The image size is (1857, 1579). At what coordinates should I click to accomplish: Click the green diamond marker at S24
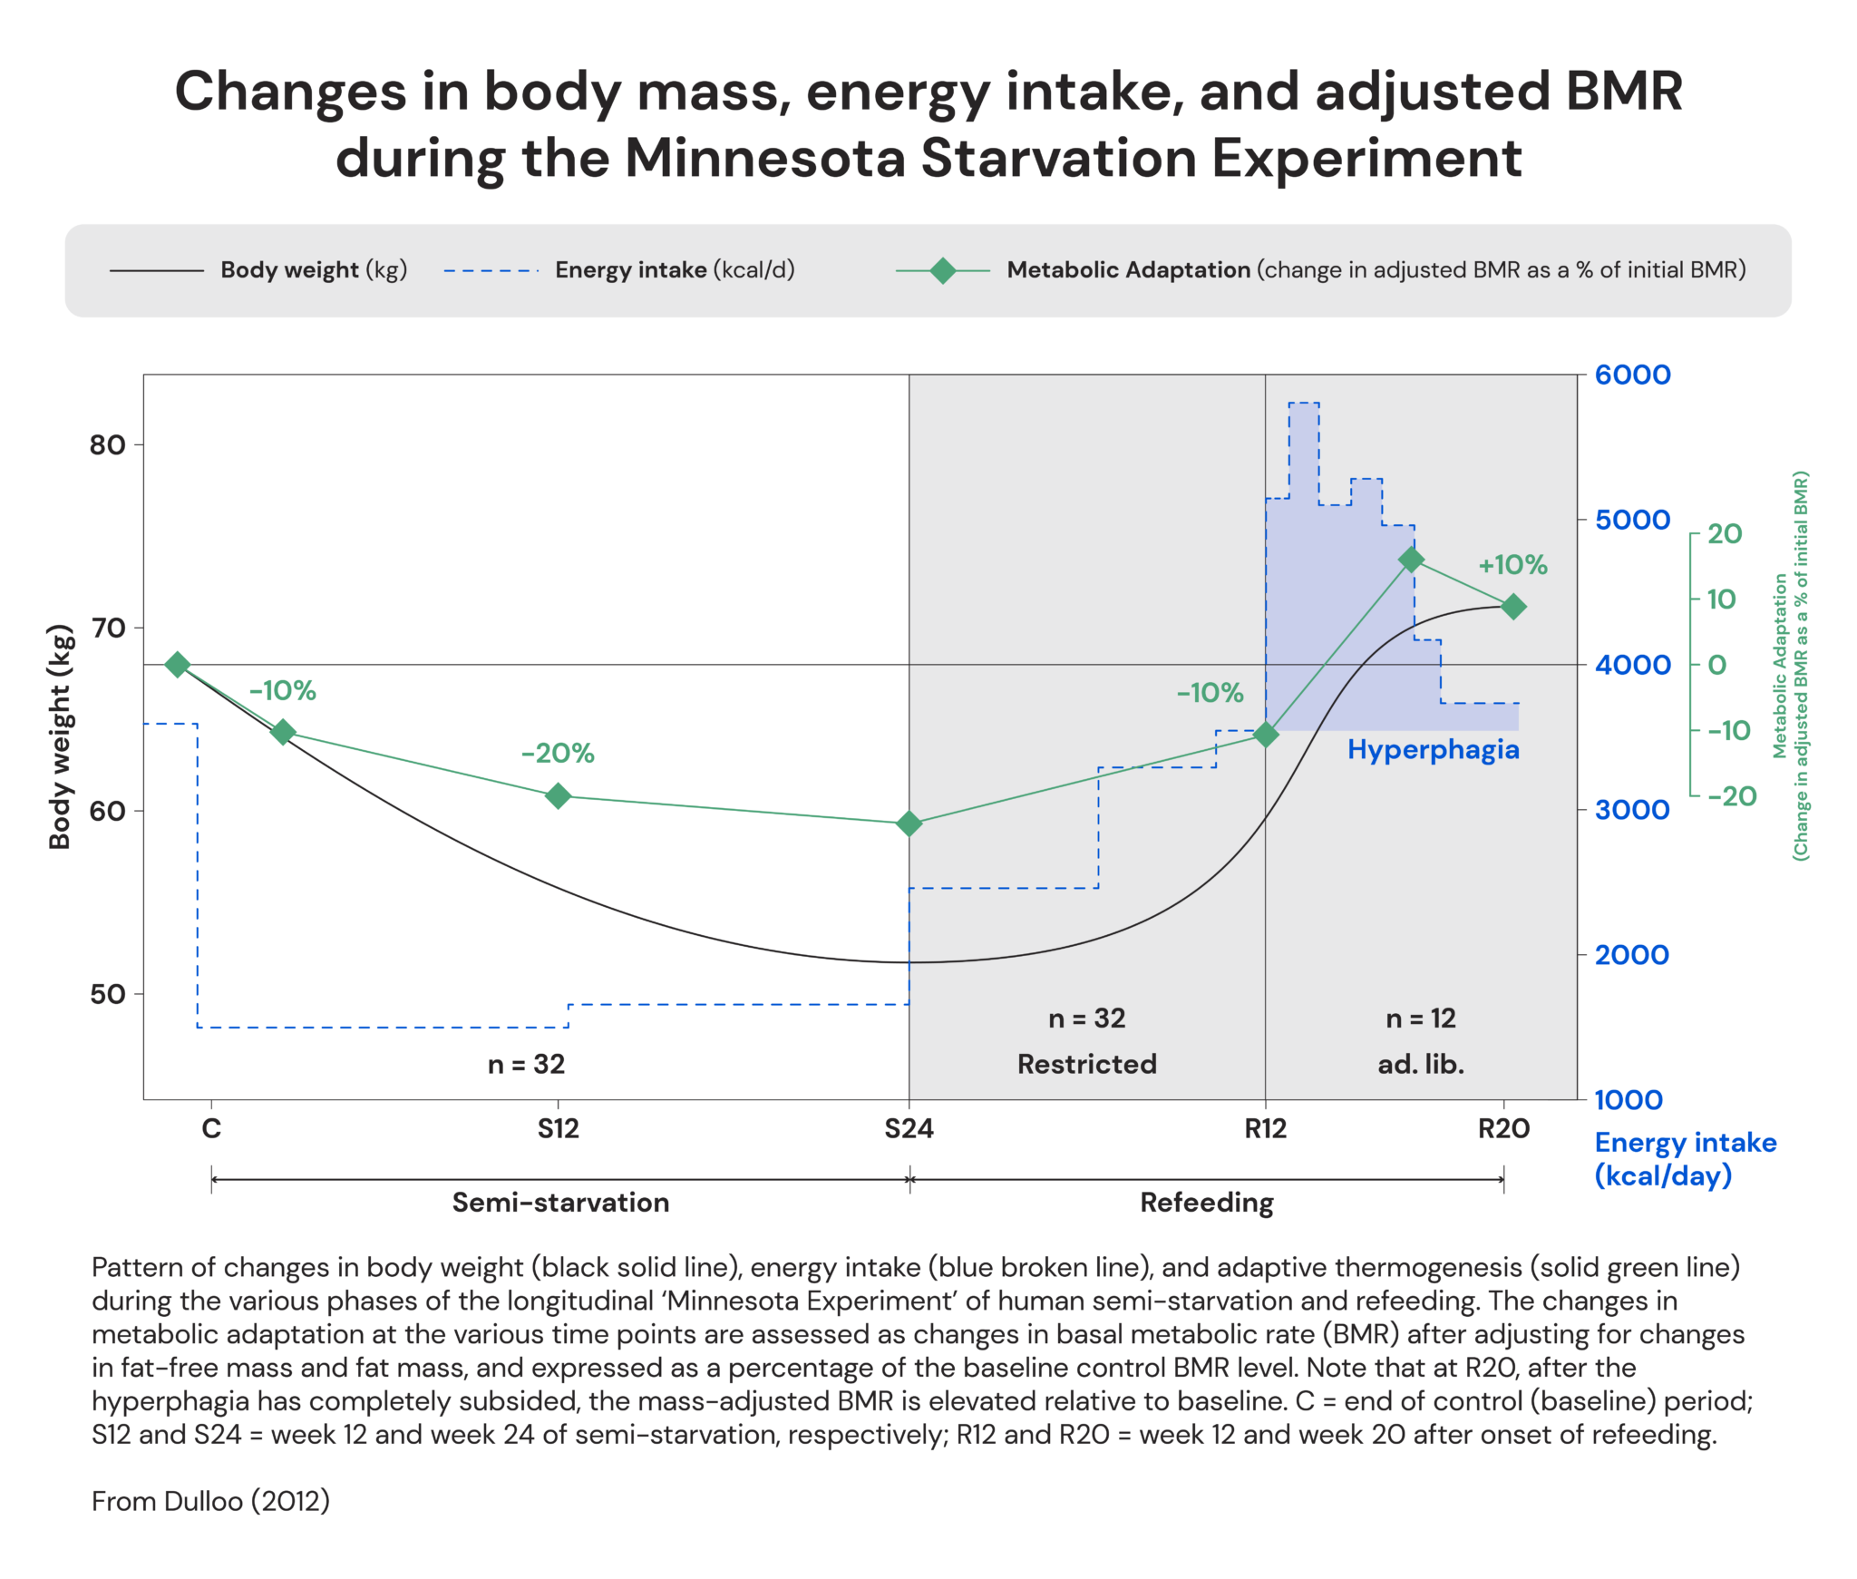(909, 824)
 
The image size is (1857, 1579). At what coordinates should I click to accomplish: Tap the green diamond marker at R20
(1512, 607)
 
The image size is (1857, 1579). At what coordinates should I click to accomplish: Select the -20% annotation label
(558, 753)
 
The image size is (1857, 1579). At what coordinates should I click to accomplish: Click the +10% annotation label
(1512, 565)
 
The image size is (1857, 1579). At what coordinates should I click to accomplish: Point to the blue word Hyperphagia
(1433, 749)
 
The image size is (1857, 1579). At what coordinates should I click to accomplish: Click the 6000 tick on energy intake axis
(1632, 375)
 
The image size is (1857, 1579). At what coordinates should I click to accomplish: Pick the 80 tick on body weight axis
(107, 444)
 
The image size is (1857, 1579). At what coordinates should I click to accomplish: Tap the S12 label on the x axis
(558, 1128)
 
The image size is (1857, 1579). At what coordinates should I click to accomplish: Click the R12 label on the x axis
(1265, 1128)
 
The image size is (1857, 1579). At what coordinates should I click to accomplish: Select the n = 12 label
(1421, 1019)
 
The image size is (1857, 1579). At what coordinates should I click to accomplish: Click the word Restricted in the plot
(1086, 1064)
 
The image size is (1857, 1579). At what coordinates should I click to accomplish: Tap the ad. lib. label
(1421, 1064)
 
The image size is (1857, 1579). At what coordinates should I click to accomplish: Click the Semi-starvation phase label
(560, 1203)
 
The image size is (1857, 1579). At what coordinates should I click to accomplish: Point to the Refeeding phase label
(1206, 1203)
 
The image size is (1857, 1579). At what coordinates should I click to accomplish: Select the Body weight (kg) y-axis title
(60, 736)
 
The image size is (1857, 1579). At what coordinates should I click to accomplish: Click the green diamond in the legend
(942, 270)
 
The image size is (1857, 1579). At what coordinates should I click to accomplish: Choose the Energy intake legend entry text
(675, 270)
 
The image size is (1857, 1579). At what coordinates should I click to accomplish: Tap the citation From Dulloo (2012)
(210, 1501)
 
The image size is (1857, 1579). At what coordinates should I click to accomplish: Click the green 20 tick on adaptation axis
(1724, 533)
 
